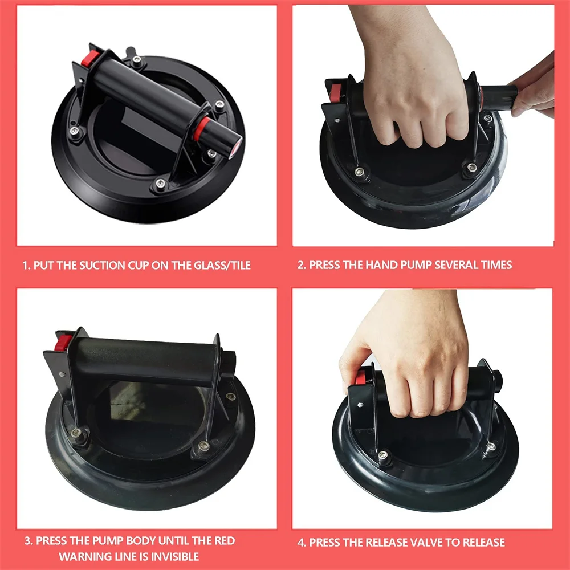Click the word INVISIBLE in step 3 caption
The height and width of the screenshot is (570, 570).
(175, 556)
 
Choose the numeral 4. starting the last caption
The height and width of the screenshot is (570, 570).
(302, 543)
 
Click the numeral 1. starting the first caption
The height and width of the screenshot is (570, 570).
(26, 266)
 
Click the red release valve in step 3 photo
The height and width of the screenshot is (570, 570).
(63, 343)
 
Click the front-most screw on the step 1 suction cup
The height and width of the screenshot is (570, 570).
(160, 184)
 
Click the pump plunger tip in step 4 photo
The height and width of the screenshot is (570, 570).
(498, 378)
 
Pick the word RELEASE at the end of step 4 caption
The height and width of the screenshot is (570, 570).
(483, 543)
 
